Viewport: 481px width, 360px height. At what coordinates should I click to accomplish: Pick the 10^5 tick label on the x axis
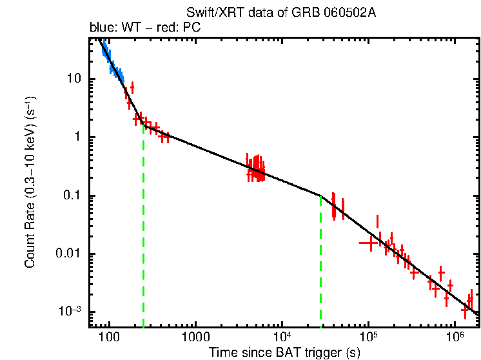tap(368, 336)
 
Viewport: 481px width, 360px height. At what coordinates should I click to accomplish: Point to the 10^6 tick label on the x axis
tap(454, 336)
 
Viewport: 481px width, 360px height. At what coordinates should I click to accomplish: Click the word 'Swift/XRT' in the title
tap(206, 13)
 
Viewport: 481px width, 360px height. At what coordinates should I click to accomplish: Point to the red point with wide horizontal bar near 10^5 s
tap(368, 243)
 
